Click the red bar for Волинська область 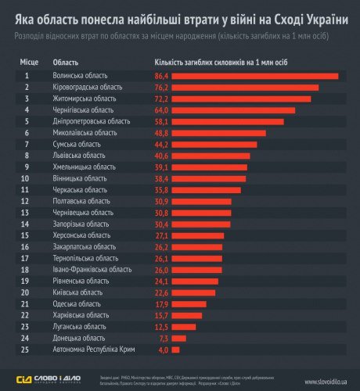254,77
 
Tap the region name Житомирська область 87,99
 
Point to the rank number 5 27,122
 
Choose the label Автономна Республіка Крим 99,350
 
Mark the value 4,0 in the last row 163,350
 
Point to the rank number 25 27,350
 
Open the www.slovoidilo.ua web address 316,379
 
